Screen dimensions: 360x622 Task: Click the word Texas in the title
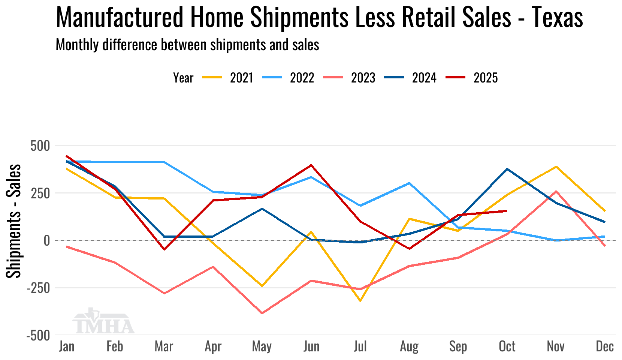557,17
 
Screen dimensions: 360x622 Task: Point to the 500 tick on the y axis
40,146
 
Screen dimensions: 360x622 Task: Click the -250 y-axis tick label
38,288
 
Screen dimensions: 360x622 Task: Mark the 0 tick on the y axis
46,241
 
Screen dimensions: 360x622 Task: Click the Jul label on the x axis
360,346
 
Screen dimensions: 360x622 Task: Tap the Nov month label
556,346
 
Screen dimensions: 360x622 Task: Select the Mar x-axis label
164,346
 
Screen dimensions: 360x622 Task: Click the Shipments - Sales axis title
14,221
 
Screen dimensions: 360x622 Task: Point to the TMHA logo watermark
103,322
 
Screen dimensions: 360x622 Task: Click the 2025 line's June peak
311,165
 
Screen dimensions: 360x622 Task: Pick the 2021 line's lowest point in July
360,301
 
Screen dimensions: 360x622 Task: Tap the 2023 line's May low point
262,313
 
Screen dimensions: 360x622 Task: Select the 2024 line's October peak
507,169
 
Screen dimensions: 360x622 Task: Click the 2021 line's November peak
556,166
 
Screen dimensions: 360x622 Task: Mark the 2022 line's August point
409,183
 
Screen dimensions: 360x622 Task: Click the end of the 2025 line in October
507,211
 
